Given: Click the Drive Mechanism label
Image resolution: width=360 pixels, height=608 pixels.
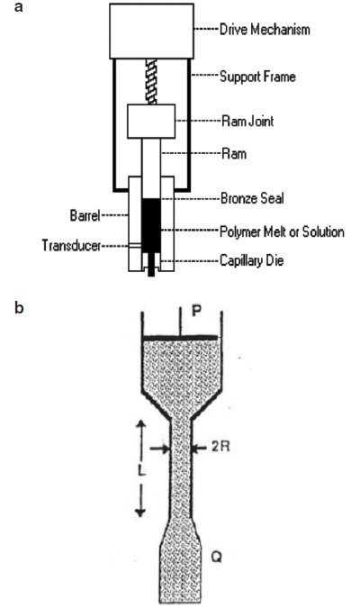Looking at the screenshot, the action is point(265,30).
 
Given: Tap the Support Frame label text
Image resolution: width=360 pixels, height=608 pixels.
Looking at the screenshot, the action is point(257,77).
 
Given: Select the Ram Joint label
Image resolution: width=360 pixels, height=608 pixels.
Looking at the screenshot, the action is point(247,121).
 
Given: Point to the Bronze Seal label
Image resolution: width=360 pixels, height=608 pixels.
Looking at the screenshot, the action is point(252,198).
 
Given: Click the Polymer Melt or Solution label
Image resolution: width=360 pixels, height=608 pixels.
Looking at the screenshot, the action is point(282,231).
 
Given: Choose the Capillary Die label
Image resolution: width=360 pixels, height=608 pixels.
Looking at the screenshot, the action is point(251,259).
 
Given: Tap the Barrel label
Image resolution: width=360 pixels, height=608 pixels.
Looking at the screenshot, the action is point(85,215).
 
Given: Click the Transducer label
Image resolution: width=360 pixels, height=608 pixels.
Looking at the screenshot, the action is point(71,245).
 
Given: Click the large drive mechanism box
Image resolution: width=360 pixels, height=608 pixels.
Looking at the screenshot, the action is point(151,31).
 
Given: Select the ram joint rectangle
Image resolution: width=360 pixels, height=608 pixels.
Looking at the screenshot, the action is point(151,121).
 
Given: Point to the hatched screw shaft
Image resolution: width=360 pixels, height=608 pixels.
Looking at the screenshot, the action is point(151,81).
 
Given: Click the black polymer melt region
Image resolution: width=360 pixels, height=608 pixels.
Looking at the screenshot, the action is point(151,226).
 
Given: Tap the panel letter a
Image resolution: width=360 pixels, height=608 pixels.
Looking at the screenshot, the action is point(18,7).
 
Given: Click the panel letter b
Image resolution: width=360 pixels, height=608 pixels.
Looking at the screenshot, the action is point(19,307).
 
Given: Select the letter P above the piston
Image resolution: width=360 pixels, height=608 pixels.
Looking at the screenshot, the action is point(196,311).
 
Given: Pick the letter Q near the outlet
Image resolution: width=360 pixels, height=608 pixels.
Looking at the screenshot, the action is point(217,558).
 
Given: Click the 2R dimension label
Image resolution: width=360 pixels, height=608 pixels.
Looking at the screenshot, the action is point(220,447).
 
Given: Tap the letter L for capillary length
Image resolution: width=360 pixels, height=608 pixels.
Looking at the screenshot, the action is point(141,471).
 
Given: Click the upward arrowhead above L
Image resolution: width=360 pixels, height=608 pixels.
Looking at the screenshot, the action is point(140,426).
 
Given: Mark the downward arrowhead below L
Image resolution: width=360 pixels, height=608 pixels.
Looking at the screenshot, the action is point(140,512).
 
